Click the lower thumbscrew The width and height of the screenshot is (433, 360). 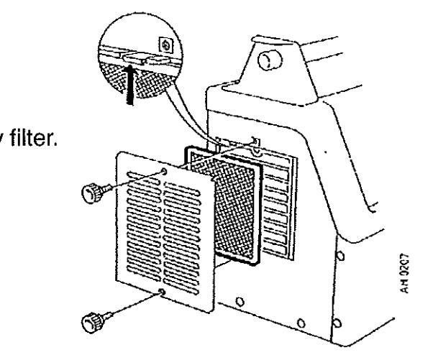tap(94, 318)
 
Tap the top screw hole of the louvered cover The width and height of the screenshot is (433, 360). tap(166, 172)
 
